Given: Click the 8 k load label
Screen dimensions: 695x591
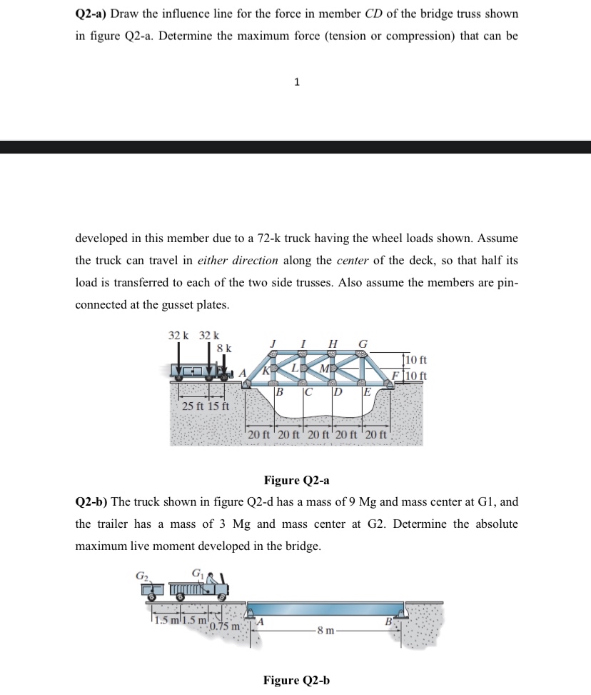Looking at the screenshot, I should click(x=223, y=348).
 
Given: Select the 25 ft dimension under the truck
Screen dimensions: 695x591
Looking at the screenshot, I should click(x=190, y=406).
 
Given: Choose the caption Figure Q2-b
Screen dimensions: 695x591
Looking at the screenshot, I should click(x=296, y=680).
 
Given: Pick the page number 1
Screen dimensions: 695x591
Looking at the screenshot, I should click(x=296, y=82).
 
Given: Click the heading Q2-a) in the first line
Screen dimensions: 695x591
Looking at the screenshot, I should click(x=92, y=14).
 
